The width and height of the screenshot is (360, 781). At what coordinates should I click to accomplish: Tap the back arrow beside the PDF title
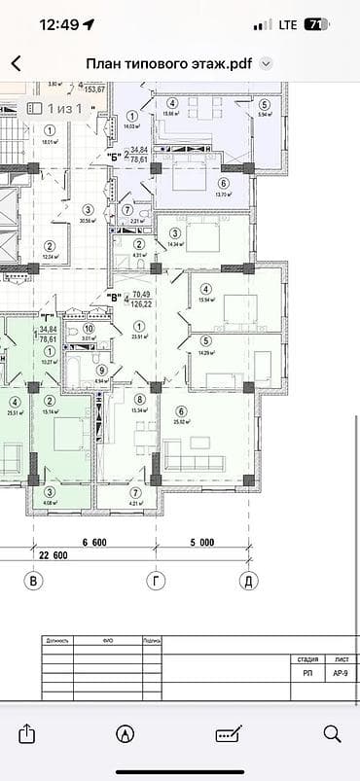point(16,63)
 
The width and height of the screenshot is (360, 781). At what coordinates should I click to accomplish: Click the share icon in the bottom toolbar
point(26,732)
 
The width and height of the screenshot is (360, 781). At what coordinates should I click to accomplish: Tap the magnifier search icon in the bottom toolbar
point(332,732)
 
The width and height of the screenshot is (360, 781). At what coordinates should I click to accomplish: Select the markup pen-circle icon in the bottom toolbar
point(125,732)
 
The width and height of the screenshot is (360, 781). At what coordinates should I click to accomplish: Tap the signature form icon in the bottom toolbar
point(230,732)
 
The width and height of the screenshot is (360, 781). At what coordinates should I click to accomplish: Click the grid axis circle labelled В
point(34,581)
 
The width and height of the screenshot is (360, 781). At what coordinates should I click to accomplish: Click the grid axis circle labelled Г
point(154,581)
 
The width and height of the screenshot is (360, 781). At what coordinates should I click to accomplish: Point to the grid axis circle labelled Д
point(247,581)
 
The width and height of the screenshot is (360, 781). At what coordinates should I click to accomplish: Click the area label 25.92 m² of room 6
point(181,421)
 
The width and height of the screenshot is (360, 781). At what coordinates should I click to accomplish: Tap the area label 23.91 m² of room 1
point(139,337)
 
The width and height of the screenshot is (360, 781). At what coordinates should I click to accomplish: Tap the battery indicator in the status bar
point(316,24)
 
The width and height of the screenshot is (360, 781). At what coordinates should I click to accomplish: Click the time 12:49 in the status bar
point(58,24)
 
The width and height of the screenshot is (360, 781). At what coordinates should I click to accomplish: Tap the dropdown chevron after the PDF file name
point(267,63)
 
